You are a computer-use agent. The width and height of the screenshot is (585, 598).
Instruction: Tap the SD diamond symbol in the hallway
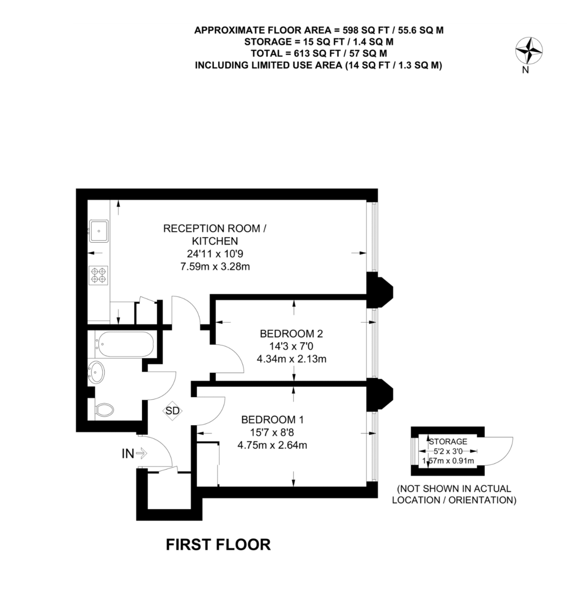(172, 411)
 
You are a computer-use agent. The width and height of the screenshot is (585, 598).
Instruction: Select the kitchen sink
(100, 230)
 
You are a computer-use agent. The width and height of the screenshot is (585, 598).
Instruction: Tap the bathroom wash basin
(97, 371)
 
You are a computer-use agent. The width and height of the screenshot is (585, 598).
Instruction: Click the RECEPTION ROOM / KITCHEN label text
(215, 234)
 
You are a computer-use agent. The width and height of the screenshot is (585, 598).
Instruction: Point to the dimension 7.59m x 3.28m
(215, 266)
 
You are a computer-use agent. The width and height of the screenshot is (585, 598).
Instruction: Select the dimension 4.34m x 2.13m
(292, 358)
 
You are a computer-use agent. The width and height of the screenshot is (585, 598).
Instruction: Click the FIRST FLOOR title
(218, 544)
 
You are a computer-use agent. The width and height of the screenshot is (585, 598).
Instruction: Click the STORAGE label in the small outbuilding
(448, 442)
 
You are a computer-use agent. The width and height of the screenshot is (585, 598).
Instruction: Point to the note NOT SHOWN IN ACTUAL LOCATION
(453, 494)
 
